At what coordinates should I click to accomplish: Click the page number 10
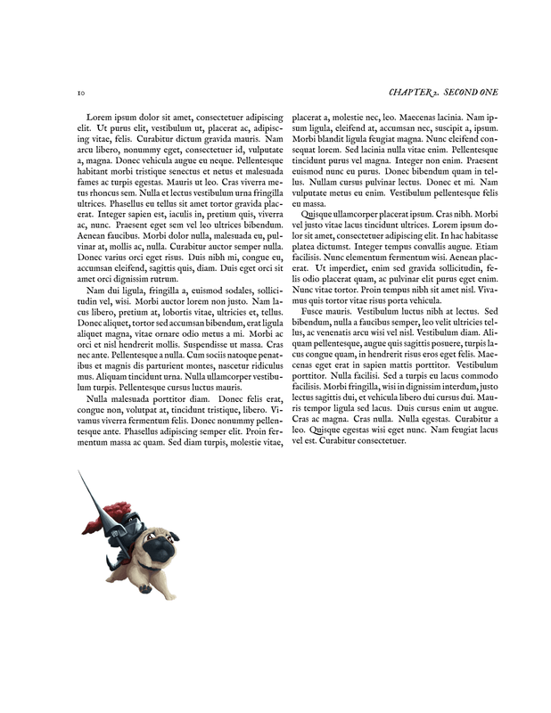pyautogui.click(x=80, y=93)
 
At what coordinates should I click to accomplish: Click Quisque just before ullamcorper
pyautogui.click(x=321, y=215)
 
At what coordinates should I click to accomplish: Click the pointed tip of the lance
pyautogui.click(x=79, y=472)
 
